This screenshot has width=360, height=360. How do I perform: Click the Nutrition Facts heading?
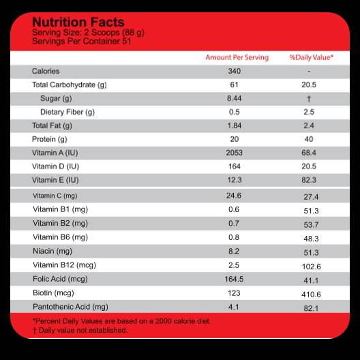pyautogui.click(x=78, y=22)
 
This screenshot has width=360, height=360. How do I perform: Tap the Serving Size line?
pyautogui.click(x=88, y=33)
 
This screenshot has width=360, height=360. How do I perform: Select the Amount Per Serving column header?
pyautogui.click(x=237, y=57)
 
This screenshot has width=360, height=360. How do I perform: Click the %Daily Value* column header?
pyautogui.click(x=311, y=57)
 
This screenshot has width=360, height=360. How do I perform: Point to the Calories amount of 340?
pyautogui.click(x=234, y=71)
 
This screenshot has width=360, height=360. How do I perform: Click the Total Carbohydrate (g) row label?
pyautogui.click(x=70, y=85)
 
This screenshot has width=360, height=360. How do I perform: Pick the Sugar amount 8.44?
pyautogui.click(x=234, y=98)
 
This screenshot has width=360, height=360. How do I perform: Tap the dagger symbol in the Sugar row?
pyautogui.click(x=309, y=99)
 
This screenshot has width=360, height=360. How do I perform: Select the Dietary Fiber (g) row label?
pyautogui.click(x=67, y=112)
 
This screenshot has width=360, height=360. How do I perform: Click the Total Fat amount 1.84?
pyautogui.click(x=234, y=125)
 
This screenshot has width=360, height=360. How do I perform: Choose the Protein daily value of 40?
pyautogui.click(x=309, y=139)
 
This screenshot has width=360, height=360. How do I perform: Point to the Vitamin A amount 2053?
pyautogui.click(x=234, y=153)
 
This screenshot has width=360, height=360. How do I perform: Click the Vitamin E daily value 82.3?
pyautogui.click(x=309, y=180)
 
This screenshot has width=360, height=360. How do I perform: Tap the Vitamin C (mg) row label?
pyautogui.click(x=55, y=196)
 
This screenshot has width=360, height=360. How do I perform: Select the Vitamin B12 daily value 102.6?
pyautogui.click(x=312, y=267)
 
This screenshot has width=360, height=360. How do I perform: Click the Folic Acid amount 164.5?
pyautogui.click(x=234, y=279)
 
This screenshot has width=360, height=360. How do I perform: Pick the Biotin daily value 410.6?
pyautogui.click(x=311, y=295)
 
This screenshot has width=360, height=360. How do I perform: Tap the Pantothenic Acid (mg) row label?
pyautogui.click(x=70, y=307)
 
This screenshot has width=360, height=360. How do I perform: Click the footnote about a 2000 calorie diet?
pyautogui.click(x=121, y=321)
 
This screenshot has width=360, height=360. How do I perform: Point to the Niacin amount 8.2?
pyautogui.click(x=234, y=251)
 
